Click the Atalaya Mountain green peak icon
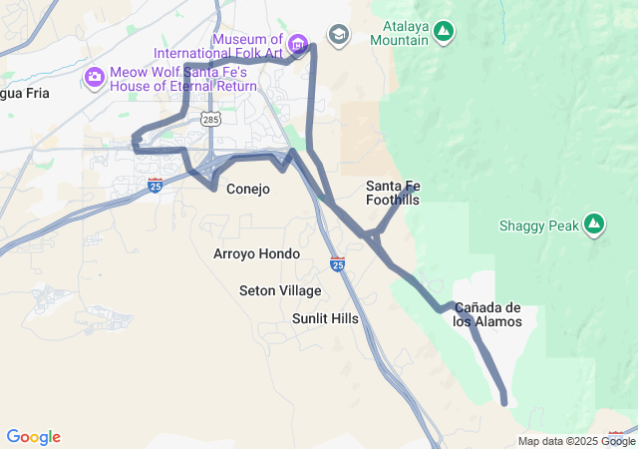pos(444,33)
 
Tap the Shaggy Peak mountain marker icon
pos(594,224)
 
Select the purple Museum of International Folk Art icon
pos(297,44)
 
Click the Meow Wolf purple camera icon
pos(95,76)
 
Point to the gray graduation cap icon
pos(339,35)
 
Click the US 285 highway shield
pos(210,120)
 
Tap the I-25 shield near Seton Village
pos(338,264)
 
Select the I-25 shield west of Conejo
pos(155,185)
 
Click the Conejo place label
pos(248,189)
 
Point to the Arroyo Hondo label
pos(256,253)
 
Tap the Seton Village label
pos(280,290)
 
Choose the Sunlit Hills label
pos(325,318)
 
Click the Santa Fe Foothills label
pos(393,193)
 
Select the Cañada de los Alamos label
pos(487,314)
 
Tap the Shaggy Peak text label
pos(538,225)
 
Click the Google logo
pos(33,437)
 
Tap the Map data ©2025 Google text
pos(575,441)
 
